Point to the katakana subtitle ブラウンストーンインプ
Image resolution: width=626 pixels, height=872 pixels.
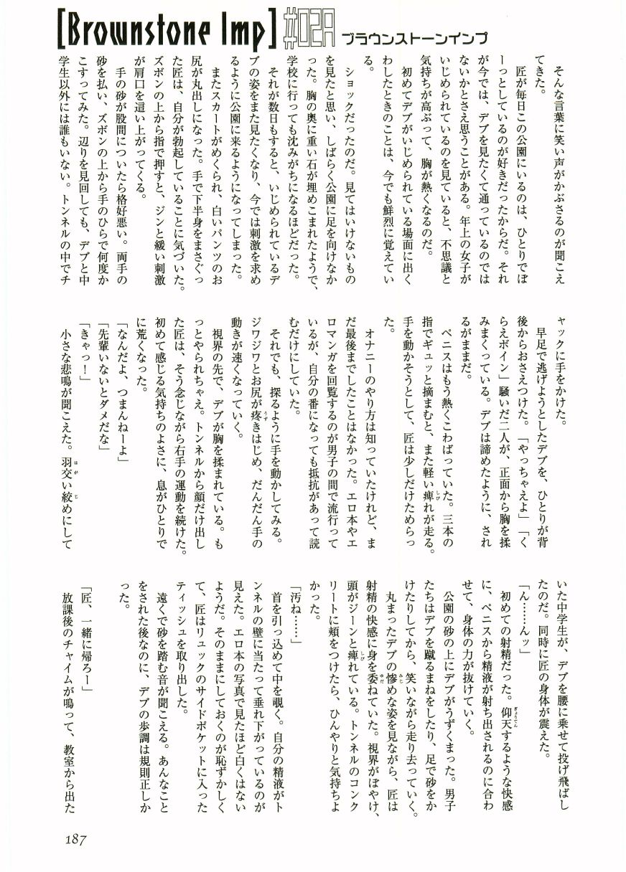click(415, 39)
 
